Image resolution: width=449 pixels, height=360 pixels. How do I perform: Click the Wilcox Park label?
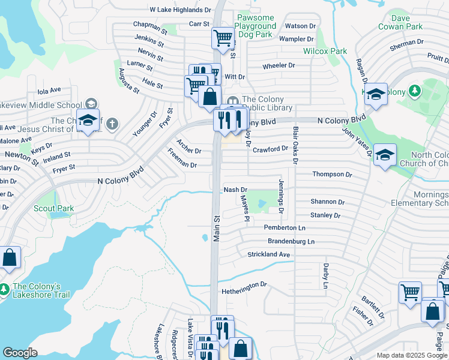(x=325, y=52)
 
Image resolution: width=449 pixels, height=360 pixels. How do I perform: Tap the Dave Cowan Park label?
(x=400, y=22)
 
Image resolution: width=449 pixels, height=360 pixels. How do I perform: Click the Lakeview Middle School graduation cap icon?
(x=88, y=120)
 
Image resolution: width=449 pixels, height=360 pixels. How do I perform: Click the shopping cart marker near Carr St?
(x=222, y=38)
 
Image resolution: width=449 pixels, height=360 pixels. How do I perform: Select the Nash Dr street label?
(x=235, y=190)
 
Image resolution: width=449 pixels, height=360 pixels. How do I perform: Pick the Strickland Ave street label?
(x=269, y=254)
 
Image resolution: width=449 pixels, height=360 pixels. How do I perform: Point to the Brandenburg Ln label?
(x=291, y=241)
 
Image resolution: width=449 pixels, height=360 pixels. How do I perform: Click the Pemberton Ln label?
(x=285, y=228)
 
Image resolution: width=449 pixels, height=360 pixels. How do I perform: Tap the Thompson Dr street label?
(x=332, y=175)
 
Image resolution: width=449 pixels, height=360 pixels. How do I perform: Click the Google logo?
(x=20, y=353)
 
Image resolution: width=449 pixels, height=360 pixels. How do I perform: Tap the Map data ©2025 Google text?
(x=411, y=355)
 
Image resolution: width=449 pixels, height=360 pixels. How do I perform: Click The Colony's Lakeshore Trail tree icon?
(x=5, y=289)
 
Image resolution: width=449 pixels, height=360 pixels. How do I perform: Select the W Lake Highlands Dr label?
(x=181, y=10)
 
